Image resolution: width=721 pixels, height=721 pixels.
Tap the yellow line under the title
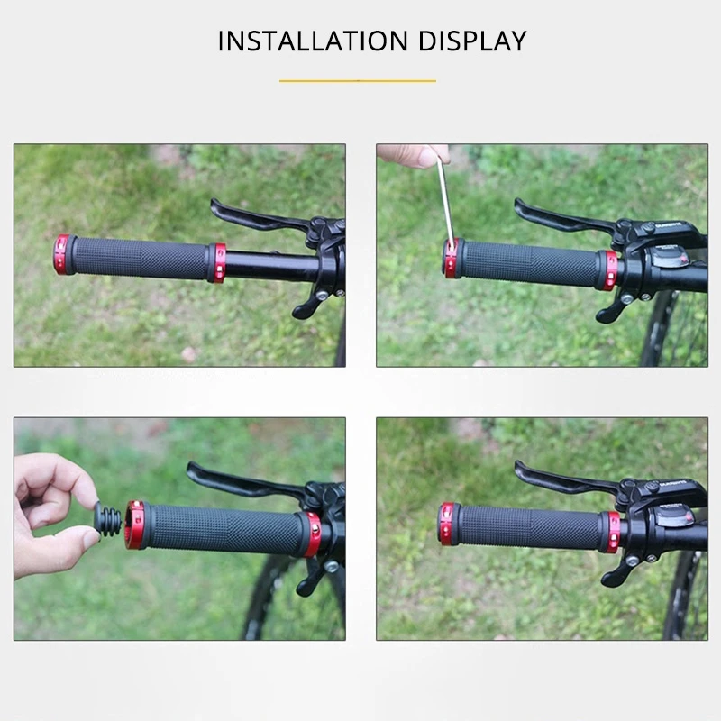[358, 81]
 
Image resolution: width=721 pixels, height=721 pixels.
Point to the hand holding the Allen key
[410, 154]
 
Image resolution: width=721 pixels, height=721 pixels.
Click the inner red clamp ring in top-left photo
[217, 261]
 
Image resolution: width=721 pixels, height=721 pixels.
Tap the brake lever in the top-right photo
[559, 217]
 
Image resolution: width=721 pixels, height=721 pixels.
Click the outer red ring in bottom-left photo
[135, 525]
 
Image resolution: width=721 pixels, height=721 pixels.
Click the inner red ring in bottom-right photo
[612, 532]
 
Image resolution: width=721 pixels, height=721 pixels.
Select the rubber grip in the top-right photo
[532, 263]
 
